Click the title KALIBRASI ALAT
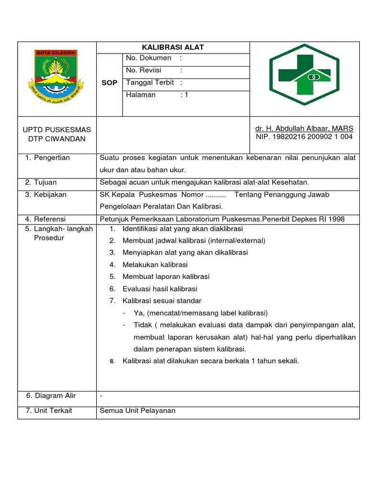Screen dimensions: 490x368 click(x=172, y=47)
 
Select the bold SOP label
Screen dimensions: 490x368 click(x=109, y=83)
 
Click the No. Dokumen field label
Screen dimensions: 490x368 click(x=149, y=58)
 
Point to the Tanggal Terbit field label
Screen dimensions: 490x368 click(x=150, y=82)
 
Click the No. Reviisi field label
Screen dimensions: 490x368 click(x=145, y=70)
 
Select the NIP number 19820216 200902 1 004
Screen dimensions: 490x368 click(x=304, y=137)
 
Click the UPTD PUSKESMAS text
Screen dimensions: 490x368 click(x=57, y=130)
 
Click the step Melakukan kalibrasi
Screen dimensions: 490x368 click(x=155, y=265)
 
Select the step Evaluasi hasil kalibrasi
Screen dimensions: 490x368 click(x=160, y=289)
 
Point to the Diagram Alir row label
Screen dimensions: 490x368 click(x=55, y=396)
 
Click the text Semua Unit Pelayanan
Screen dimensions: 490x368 click(x=138, y=411)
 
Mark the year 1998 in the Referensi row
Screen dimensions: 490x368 click(x=336, y=219)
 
